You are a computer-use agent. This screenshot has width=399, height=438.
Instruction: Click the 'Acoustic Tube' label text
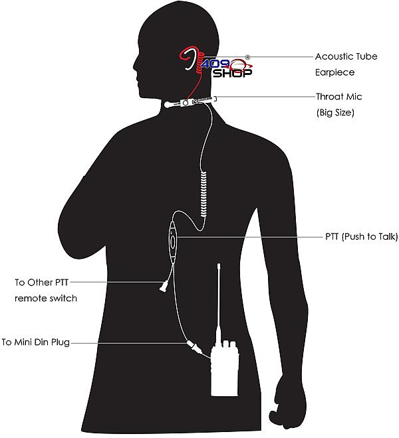tap(346, 56)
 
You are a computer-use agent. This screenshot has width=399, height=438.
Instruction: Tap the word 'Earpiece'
tap(335, 72)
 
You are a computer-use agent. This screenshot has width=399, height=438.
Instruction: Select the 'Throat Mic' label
tap(338, 97)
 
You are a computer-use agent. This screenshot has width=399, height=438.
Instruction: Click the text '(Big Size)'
tap(335, 113)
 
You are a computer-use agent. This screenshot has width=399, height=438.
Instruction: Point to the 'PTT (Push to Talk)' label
tap(362, 237)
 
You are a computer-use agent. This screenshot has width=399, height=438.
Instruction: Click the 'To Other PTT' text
tap(41, 283)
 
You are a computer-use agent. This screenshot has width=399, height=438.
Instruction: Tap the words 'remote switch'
tap(46, 299)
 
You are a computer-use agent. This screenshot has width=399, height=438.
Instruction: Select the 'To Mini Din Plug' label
tap(35, 342)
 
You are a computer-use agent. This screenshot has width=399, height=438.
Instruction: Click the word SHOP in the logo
tap(232, 74)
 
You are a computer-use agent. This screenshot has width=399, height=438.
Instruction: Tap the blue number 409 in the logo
tap(216, 64)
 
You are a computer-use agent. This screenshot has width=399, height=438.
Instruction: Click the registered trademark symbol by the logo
tap(247, 58)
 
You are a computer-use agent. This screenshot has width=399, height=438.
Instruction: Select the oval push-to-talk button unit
tap(172, 242)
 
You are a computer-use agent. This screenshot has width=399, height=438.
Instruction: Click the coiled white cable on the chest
tap(204, 194)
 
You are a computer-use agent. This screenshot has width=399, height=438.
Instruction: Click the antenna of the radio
tap(219, 302)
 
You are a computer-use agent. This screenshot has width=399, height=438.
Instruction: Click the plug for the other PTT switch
tap(163, 286)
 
